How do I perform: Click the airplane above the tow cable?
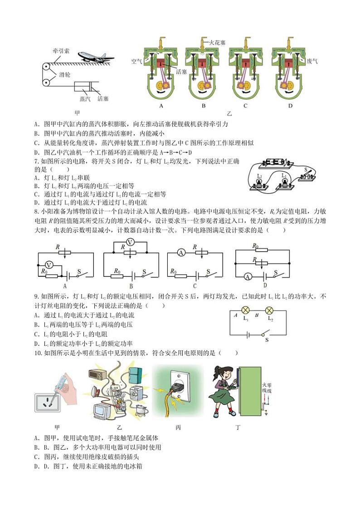pos(95,57)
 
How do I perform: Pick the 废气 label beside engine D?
pos(312,61)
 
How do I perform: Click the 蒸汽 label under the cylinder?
pos(85,98)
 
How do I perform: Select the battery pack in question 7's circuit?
pos(276,162)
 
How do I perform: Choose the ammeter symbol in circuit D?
pos(248,276)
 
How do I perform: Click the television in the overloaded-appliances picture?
pos(102,410)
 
